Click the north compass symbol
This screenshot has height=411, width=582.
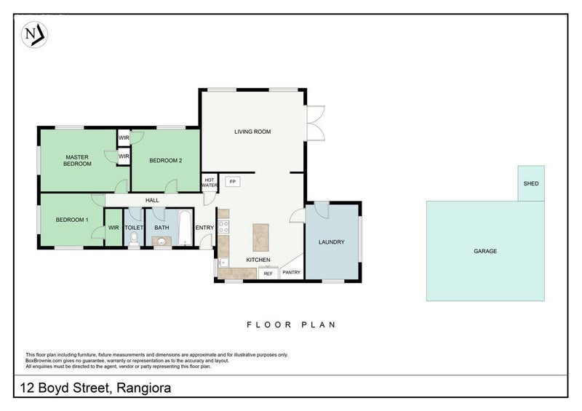(x=34, y=35)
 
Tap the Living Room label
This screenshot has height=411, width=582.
(x=252, y=132)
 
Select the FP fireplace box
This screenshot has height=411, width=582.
(x=233, y=182)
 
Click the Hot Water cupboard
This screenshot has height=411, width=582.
(x=210, y=183)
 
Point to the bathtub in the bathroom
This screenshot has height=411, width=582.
(x=185, y=227)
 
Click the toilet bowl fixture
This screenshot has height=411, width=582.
(x=134, y=239)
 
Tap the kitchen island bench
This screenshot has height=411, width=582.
(x=260, y=237)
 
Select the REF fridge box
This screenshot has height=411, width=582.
(x=268, y=273)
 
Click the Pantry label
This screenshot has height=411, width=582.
(x=292, y=272)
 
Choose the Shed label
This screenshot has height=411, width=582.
(x=531, y=183)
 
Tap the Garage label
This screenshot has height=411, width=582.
(x=485, y=251)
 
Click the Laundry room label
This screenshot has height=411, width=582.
(x=332, y=242)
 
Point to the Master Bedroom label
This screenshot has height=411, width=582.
(x=77, y=160)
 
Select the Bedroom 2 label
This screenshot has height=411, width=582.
(x=166, y=161)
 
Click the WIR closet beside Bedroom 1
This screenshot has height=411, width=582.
(x=113, y=228)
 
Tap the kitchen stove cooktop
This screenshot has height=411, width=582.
(x=223, y=226)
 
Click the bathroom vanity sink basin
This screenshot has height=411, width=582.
(x=162, y=242)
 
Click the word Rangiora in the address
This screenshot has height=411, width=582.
(x=143, y=388)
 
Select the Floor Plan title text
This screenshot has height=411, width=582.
(x=292, y=325)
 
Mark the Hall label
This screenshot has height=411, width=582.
(x=152, y=201)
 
